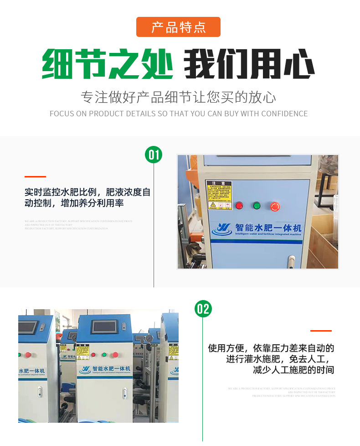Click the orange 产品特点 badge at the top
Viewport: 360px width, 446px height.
(x=178, y=27)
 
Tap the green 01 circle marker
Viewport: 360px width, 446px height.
(x=154, y=155)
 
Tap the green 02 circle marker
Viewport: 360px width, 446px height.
(x=203, y=309)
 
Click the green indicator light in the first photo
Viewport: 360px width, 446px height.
(x=257, y=206)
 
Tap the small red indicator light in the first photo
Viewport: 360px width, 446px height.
(x=239, y=206)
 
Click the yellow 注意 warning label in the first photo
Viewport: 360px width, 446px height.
(x=219, y=195)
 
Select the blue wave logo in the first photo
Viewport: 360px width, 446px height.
(x=224, y=229)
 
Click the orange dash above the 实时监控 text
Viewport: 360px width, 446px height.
(x=35, y=176)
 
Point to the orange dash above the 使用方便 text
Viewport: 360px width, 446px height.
(x=321, y=331)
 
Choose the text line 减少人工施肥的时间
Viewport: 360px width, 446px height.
(x=293, y=370)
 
